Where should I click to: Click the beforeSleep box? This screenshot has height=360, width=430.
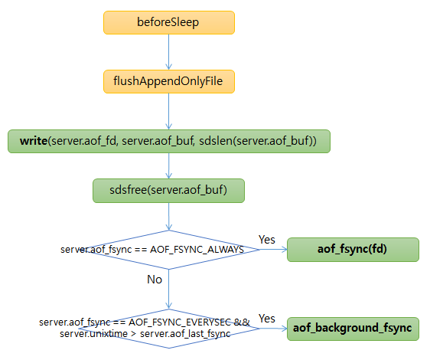pyautogui.click(x=168, y=22)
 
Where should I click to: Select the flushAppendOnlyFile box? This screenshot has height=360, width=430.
pyautogui.click(x=168, y=81)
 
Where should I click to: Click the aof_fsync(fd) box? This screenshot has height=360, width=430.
pyautogui.click(x=353, y=250)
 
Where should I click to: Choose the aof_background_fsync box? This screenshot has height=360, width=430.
pyautogui.click(x=353, y=329)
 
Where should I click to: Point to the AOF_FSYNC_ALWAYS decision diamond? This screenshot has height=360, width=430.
pyautogui.click(x=168, y=250)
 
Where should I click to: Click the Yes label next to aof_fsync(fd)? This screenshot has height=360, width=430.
pyautogui.click(x=267, y=240)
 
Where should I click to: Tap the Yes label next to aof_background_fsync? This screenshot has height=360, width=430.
pyautogui.click(x=267, y=319)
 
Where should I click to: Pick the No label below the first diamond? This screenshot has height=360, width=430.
pyautogui.click(x=155, y=280)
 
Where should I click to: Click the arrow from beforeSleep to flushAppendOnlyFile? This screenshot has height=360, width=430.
pyautogui.click(x=168, y=51)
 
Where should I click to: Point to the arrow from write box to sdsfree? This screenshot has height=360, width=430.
pyautogui.click(x=168, y=165)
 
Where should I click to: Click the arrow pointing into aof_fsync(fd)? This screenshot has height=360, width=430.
pyautogui.click(x=267, y=250)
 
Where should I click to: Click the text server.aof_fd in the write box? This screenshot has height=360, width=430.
pyautogui.click(x=82, y=141)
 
